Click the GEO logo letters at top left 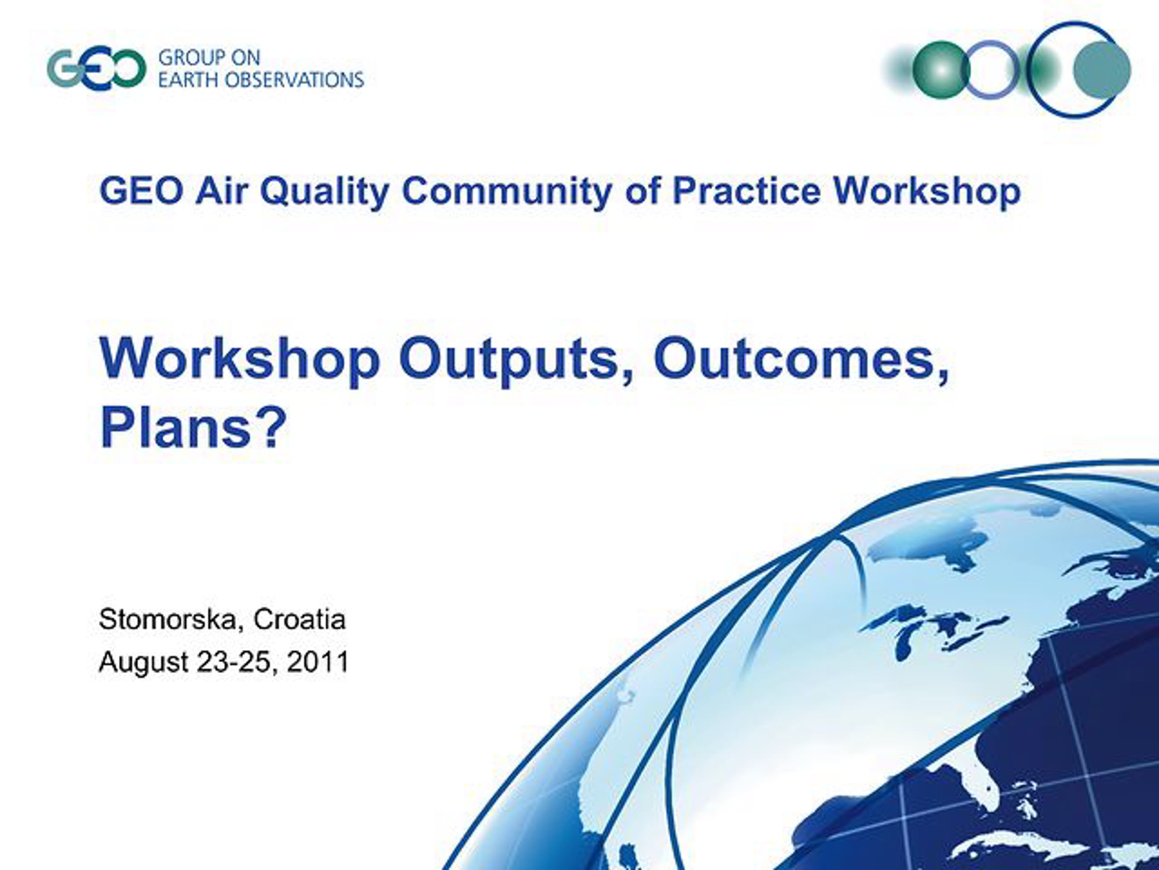(97, 69)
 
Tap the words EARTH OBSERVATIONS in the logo (261, 80)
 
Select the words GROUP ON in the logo (209, 57)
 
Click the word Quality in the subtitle (325, 192)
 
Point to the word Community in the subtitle (507, 192)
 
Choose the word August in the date (143, 662)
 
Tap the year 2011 (318, 661)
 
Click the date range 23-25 (236, 662)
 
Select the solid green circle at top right (942, 70)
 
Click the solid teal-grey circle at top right (1102, 70)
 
